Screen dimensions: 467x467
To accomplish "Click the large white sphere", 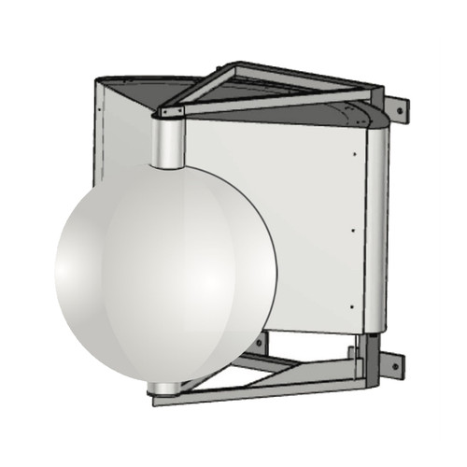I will pyautogui.click(x=163, y=271).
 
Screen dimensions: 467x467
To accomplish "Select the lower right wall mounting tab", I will pyautogui.click(x=392, y=363).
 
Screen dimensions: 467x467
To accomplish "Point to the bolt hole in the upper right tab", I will pyautogui.click(x=400, y=109).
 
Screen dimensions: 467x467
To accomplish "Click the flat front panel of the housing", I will pyautogui.click(x=280, y=215).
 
